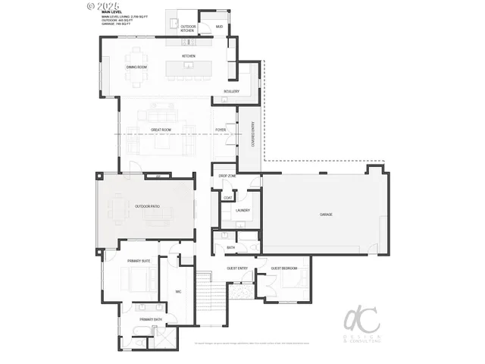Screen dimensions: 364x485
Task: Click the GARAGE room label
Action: [326, 215]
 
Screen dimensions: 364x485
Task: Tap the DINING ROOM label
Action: [136, 67]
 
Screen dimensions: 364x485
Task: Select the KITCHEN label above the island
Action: [189, 56]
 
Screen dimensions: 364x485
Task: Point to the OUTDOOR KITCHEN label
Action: [188, 29]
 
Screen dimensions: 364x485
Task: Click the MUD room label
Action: [219, 27]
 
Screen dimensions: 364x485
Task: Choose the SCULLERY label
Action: [231, 91]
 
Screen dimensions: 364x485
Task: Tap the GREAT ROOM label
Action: [159, 130]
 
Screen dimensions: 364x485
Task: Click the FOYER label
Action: [221, 130]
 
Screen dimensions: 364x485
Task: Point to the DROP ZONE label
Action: [227, 176]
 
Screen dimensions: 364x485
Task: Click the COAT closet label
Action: [227, 198]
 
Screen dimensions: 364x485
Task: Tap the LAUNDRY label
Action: [242, 210]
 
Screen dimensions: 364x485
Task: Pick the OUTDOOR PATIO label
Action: [147, 206]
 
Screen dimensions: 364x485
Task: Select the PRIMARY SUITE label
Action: [139, 260]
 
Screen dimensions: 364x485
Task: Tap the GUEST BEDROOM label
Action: [284, 268]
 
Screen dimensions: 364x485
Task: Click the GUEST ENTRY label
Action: [237, 268]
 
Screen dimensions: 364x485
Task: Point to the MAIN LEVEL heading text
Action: [111, 12]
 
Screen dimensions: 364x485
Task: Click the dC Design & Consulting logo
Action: [362, 325]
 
